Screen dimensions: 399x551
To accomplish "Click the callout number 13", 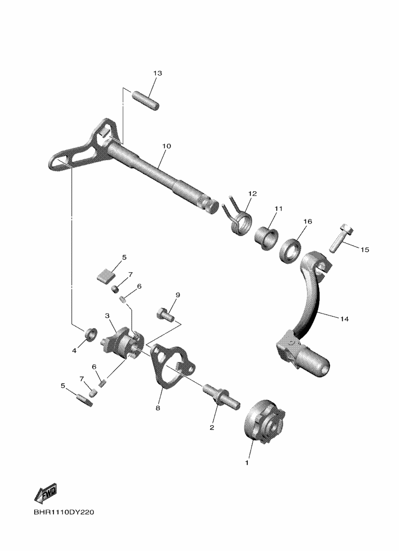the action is [x=157, y=73].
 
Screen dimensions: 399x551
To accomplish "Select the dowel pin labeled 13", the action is [x=145, y=100].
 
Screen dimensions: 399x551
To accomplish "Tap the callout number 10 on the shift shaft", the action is [x=166, y=146].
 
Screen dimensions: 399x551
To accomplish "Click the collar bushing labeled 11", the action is [x=267, y=238].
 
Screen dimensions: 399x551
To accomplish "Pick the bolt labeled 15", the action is [x=342, y=238].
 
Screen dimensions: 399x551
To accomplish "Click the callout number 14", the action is [x=345, y=319].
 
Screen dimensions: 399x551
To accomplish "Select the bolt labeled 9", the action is [x=165, y=314].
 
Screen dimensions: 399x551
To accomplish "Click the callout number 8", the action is [x=158, y=408].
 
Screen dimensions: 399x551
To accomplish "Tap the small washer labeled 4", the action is [x=91, y=334].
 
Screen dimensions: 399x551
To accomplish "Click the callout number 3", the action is [x=107, y=316].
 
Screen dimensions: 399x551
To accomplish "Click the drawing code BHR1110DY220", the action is [x=64, y=512].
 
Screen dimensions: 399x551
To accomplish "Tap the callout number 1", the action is [x=247, y=463].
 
